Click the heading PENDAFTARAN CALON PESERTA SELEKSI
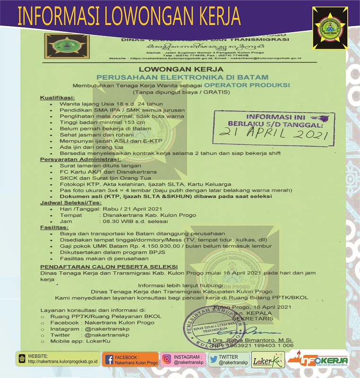tap(105, 266)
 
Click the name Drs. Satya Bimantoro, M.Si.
tap(260, 339)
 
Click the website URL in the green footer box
tap(62, 362)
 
